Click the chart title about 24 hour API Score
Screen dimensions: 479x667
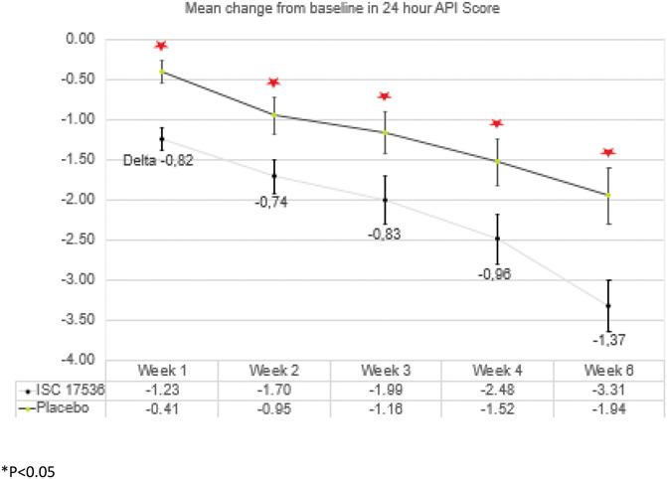[x=332, y=10]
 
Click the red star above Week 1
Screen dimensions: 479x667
[x=161, y=46]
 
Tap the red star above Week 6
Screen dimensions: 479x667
[x=608, y=152]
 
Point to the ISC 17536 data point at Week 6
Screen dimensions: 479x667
[x=608, y=306]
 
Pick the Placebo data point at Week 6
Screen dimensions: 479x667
[x=608, y=195]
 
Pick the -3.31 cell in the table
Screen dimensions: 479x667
[x=608, y=388]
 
